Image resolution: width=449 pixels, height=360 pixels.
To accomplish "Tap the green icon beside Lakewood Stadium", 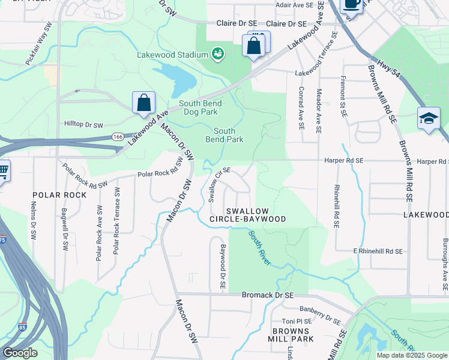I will tap(217, 55).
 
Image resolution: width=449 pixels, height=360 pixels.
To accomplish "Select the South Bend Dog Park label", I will tap(200, 107).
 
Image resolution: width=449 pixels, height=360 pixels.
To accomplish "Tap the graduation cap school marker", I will tap(429, 118).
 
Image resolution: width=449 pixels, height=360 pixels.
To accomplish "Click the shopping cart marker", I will tap(3, 170).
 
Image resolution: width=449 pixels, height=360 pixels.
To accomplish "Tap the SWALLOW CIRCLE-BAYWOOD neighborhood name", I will tap(247, 215).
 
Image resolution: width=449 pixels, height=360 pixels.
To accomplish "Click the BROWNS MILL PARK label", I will tap(293, 335).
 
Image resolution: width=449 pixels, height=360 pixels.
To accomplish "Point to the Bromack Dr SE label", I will tap(267, 295).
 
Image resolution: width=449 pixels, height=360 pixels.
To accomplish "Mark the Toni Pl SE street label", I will tap(298, 321).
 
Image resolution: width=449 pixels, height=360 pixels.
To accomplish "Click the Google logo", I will tap(20, 352).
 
